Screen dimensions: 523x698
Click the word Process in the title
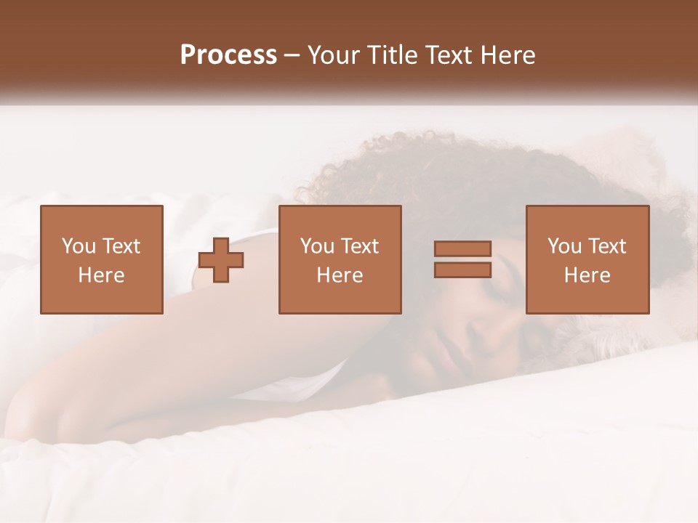click(228, 55)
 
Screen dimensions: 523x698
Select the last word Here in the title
click(509, 55)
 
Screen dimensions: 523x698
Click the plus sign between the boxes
click(221, 260)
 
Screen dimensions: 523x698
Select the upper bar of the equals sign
click(462, 248)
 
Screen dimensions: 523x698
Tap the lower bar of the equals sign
click(462, 270)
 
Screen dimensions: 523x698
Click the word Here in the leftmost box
click(101, 275)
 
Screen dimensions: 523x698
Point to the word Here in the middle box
click(340, 275)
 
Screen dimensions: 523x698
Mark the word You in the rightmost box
click(564, 246)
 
